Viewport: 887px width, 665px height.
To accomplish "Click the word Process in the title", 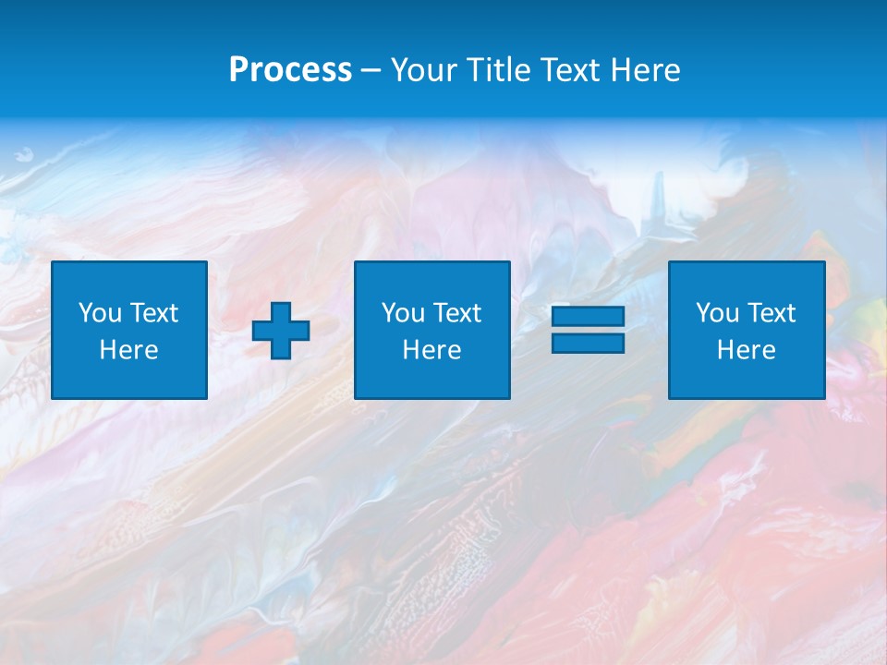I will pyautogui.click(x=290, y=70).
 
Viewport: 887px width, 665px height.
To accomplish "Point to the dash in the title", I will pyautogui.click(x=371, y=71).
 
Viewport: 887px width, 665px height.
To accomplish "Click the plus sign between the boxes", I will pyautogui.click(x=281, y=331).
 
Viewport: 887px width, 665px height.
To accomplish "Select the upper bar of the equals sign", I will pyautogui.click(x=588, y=317).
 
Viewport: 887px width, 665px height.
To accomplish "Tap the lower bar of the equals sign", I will pyautogui.click(x=588, y=343).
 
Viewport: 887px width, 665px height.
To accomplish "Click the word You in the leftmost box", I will pyautogui.click(x=100, y=313).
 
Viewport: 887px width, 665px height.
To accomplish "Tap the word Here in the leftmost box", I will pyautogui.click(x=129, y=350).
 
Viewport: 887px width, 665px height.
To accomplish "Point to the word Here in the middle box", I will pyautogui.click(x=432, y=350).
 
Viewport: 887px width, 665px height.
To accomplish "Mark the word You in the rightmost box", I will pyautogui.click(x=717, y=313).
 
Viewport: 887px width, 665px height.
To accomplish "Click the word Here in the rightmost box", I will pyautogui.click(x=747, y=350).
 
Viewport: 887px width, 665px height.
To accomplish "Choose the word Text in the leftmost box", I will pyautogui.click(x=152, y=313).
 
